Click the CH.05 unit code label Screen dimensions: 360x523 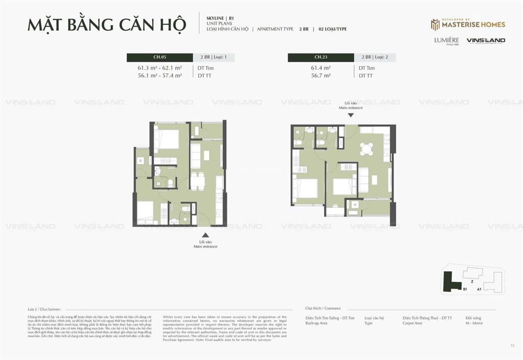(x=160, y=57)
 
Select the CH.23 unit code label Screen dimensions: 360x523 (x=321, y=57)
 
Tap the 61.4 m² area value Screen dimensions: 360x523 (x=321, y=67)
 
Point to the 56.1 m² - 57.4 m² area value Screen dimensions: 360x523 (x=160, y=75)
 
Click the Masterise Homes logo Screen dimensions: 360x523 (x=468, y=25)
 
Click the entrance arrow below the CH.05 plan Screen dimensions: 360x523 (x=205, y=235)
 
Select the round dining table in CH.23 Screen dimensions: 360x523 (x=366, y=149)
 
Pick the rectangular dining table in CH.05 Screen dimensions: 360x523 (x=198, y=181)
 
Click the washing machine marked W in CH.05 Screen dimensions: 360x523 (x=139, y=160)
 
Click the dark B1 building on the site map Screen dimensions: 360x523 (x=450, y=281)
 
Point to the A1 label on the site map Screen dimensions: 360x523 (x=479, y=289)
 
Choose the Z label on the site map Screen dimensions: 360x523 (x=472, y=281)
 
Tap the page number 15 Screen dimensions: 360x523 (x=512, y=346)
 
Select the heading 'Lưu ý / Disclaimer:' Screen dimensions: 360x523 (x=44, y=309)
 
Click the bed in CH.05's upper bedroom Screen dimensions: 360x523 (x=167, y=139)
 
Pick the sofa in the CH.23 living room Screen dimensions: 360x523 (x=364, y=179)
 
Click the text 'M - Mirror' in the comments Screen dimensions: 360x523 (x=474, y=323)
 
